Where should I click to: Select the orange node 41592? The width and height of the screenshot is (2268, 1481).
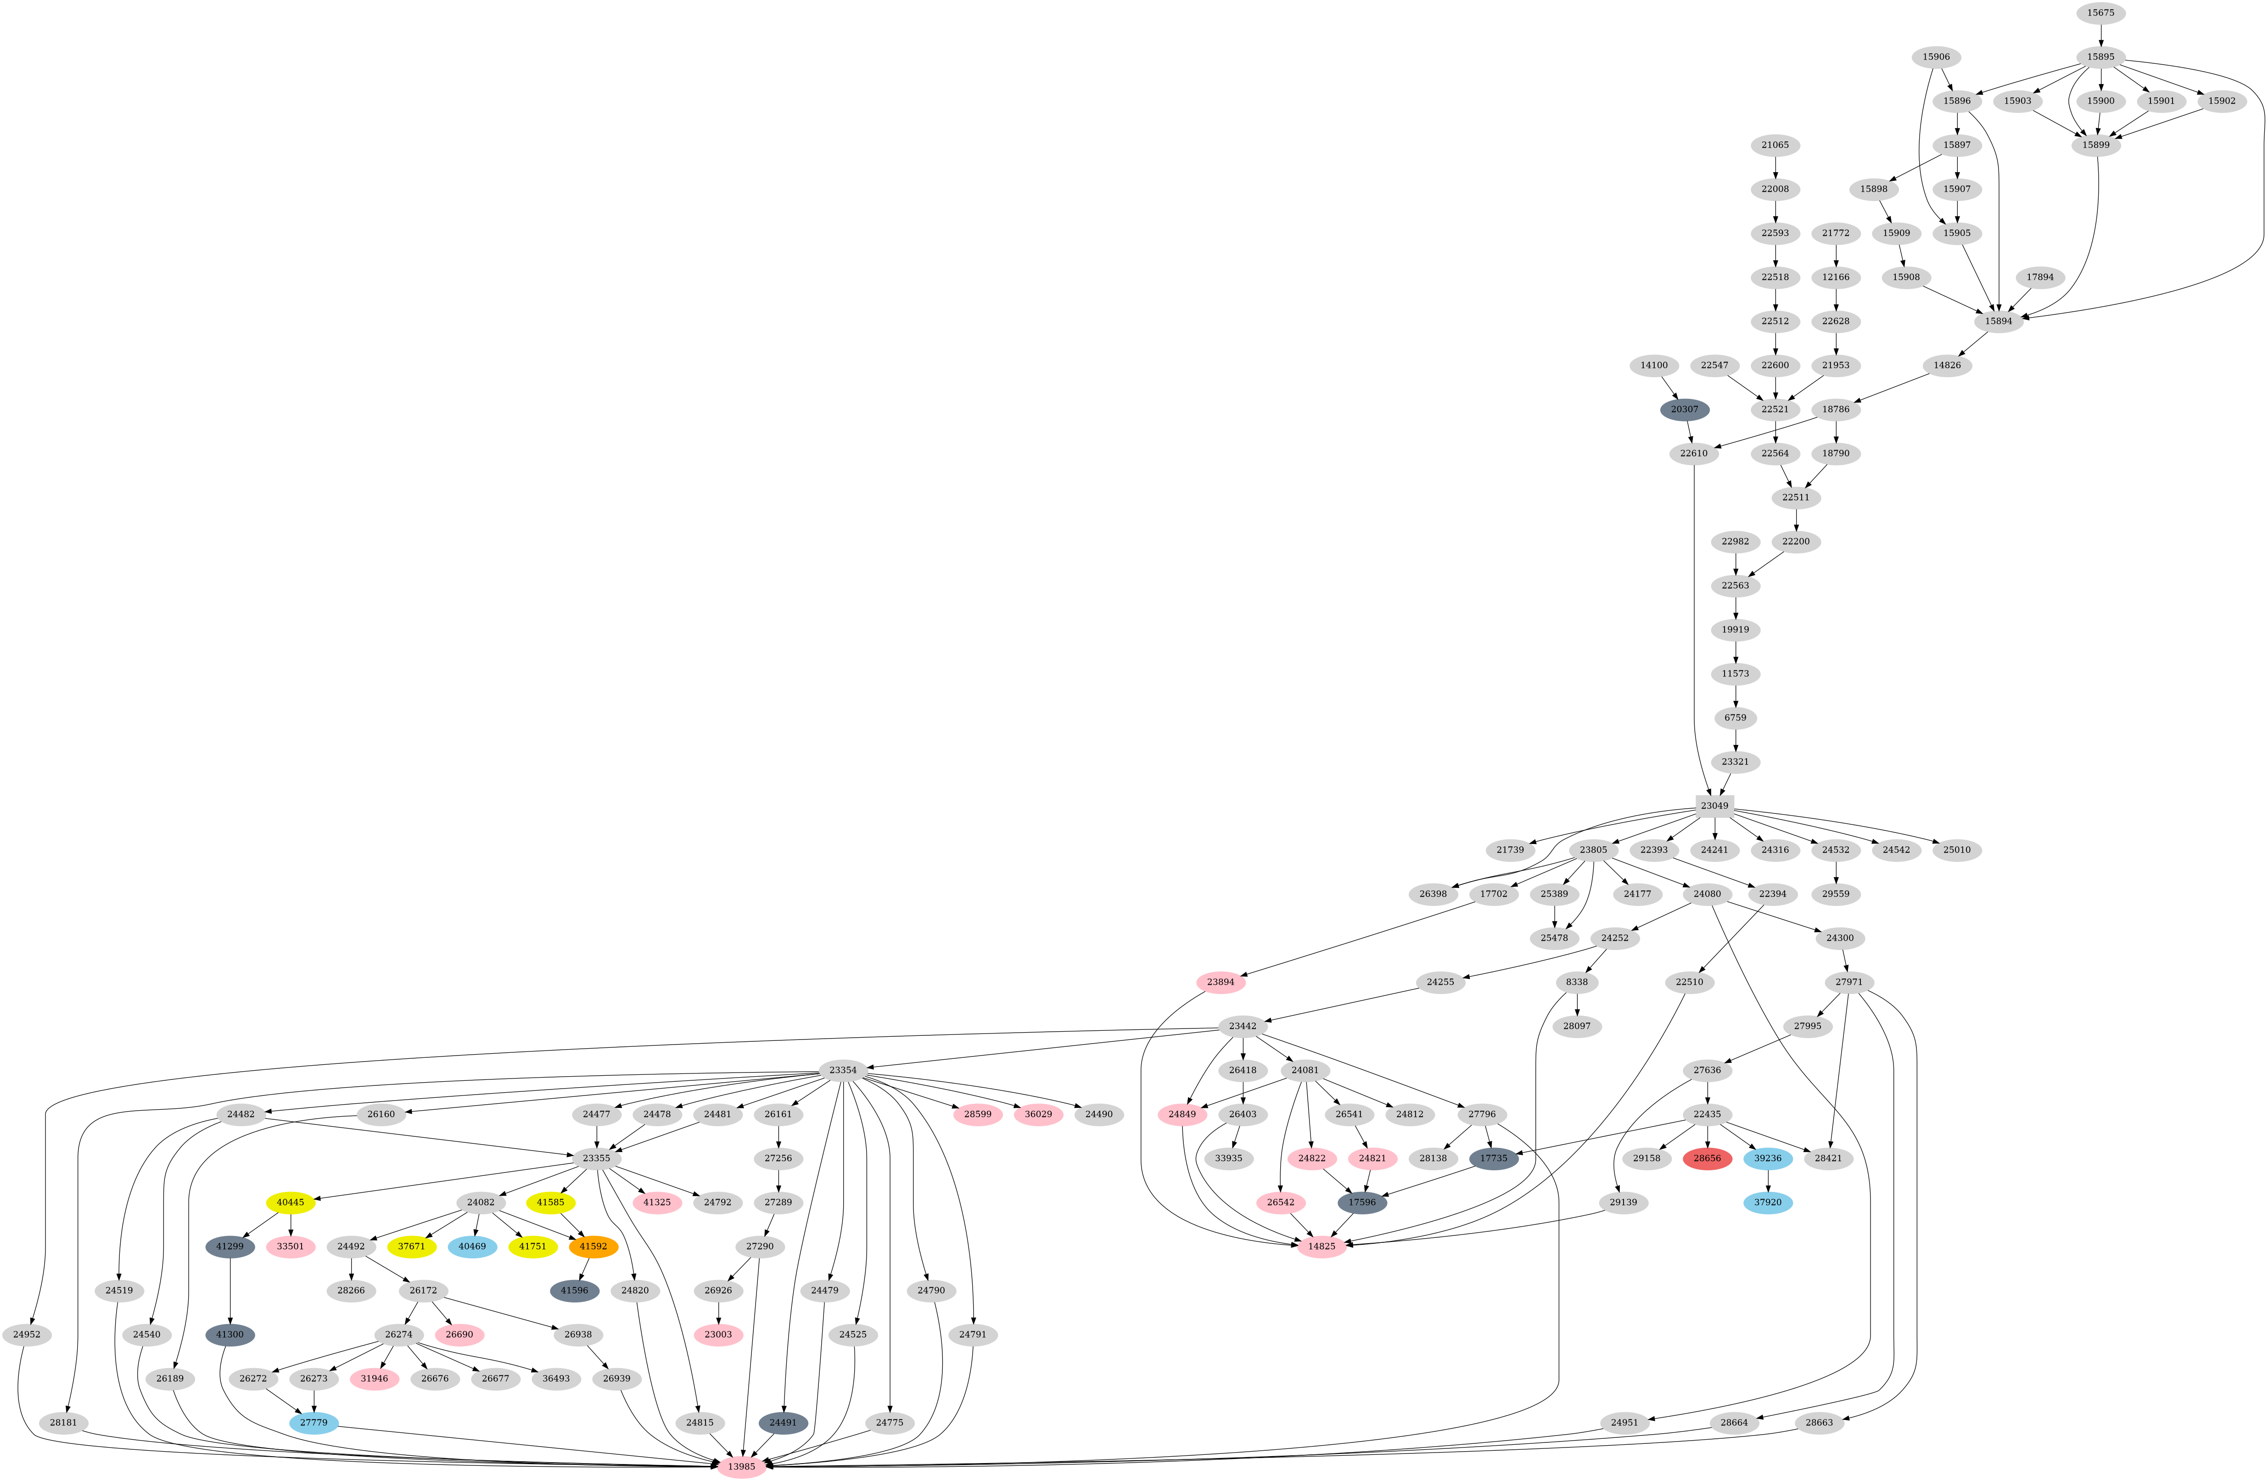point(593,1246)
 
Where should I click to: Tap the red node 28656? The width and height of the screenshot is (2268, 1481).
point(1707,1158)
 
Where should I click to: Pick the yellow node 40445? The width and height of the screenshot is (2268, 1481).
point(291,1202)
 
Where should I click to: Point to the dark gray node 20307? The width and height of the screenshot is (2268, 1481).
point(1684,409)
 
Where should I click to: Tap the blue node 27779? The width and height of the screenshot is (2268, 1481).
point(314,1422)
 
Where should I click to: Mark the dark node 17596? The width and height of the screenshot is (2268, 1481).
point(1362,1202)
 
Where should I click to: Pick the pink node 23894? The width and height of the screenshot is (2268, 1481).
point(1221,982)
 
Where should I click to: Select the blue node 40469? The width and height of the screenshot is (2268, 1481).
point(472,1246)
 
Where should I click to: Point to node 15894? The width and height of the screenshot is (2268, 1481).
point(1998,321)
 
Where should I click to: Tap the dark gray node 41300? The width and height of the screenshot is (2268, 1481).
point(230,1334)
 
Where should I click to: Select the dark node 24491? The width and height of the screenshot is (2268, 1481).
point(782,1422)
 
